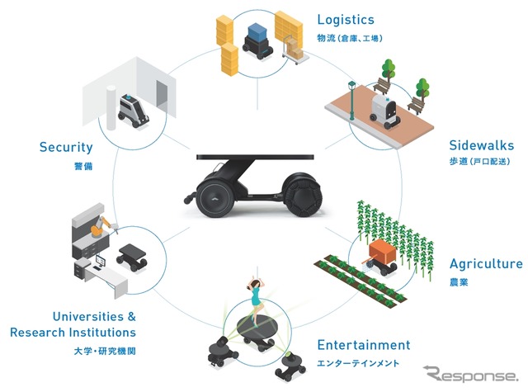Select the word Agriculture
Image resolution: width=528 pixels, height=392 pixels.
point(485,264)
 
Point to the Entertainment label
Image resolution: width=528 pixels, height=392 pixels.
point(364,345)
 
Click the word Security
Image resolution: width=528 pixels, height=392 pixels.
point(66,148)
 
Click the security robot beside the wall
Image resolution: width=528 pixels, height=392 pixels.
point(131,111)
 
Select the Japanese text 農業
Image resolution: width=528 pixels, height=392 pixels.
point(459,282)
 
